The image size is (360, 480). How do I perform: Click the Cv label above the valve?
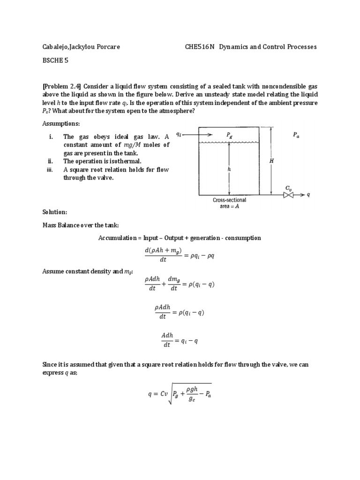289,187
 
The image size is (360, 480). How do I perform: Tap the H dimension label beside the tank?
271,161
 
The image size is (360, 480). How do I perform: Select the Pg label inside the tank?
229,135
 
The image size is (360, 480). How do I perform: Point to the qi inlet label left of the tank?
179,134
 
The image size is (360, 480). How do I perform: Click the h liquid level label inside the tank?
229,170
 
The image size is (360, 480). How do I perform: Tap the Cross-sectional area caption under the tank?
230,203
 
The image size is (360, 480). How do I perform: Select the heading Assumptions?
61,123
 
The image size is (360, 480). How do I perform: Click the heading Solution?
55,212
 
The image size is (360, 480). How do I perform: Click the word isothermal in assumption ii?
124,161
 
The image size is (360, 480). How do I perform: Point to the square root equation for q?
180,395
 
